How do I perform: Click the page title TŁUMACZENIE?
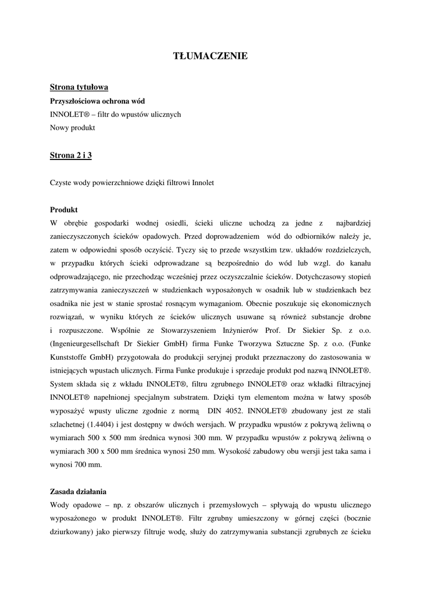coord(211,56)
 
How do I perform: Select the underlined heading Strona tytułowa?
coord(79,87)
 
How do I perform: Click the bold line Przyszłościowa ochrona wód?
coord(97,101)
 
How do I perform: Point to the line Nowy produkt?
coord(72,127)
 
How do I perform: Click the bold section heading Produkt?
coord(64,210)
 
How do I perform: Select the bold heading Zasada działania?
coord(78,491)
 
